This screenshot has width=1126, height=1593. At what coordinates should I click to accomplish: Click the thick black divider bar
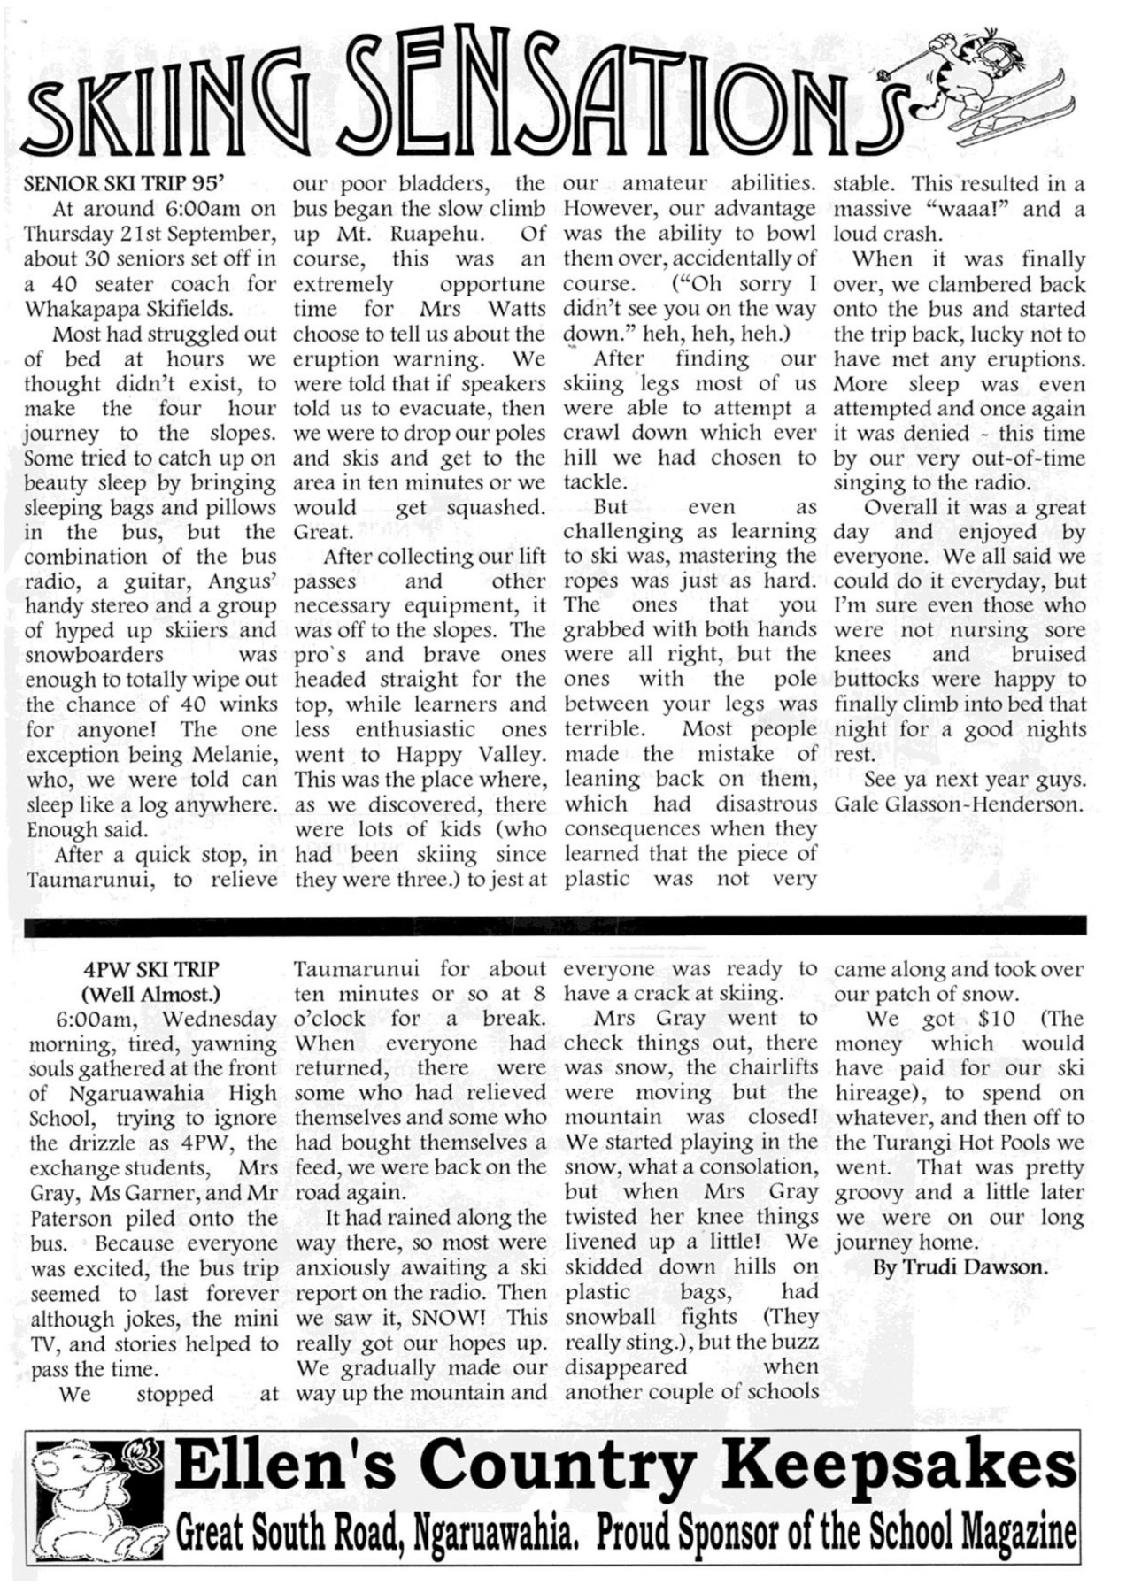click(555, 926)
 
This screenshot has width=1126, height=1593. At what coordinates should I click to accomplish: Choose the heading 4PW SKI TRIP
click(150, 969)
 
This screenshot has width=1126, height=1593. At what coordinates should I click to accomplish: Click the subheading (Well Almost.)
click(150, 993)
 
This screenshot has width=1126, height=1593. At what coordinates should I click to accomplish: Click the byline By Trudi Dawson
click(960, 1267)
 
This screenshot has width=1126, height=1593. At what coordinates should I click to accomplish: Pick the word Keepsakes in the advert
click(898, 1466)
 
